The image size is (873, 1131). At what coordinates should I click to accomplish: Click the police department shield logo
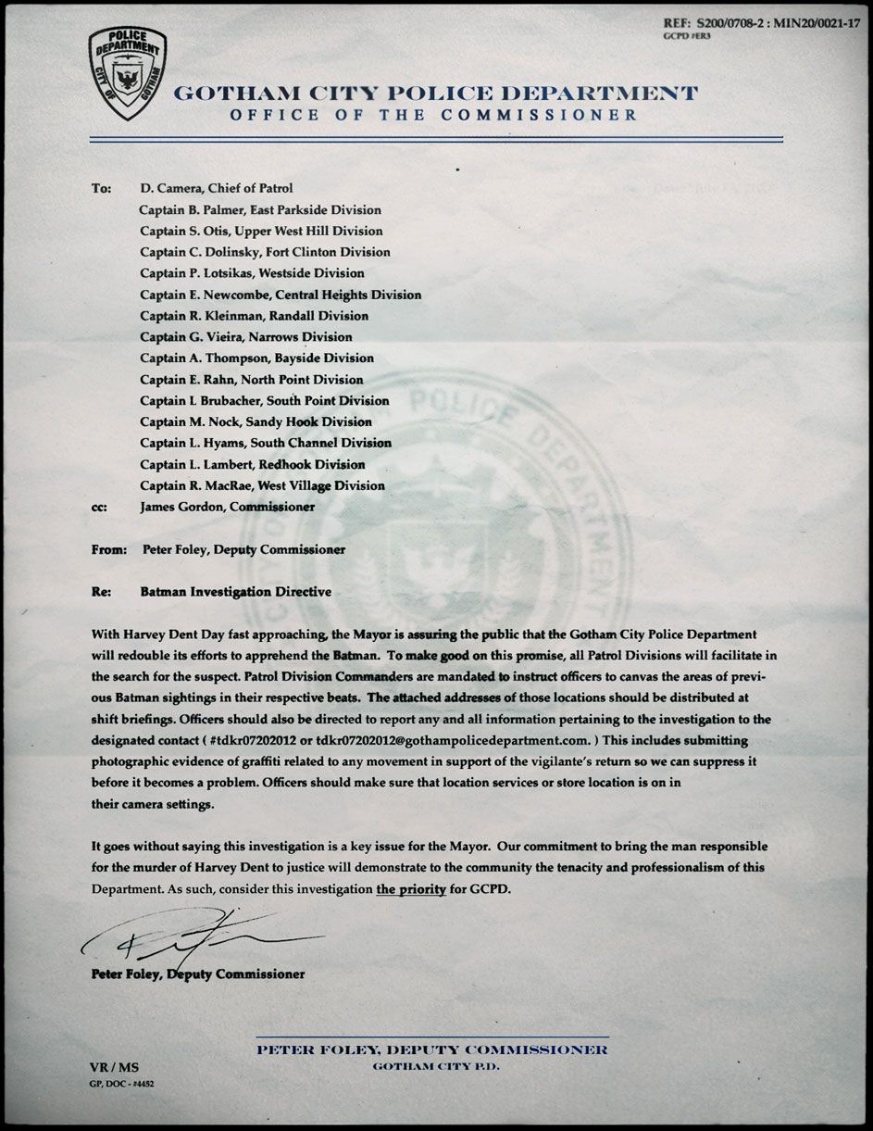[x=129, y=74]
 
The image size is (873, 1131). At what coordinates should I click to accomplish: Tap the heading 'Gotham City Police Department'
[x=435, y=94]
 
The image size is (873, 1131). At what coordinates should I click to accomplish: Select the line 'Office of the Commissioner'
[x=434, y=115]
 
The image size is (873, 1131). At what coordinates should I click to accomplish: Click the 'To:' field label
[x=102, y=188]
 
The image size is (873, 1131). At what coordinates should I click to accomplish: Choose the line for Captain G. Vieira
[x=246, y=337]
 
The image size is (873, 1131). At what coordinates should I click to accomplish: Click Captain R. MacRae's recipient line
[x=262, y=485]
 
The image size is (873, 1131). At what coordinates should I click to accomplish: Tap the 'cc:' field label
[x=100, y=507]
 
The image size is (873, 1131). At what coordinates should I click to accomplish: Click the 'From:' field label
[x=109, y=549]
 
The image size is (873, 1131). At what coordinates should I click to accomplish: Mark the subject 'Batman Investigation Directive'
[x=235, y=592]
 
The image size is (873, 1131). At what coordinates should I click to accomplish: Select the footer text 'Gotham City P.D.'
[x=432, y=1067]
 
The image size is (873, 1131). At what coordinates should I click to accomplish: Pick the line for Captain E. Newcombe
[x=281, y=295]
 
